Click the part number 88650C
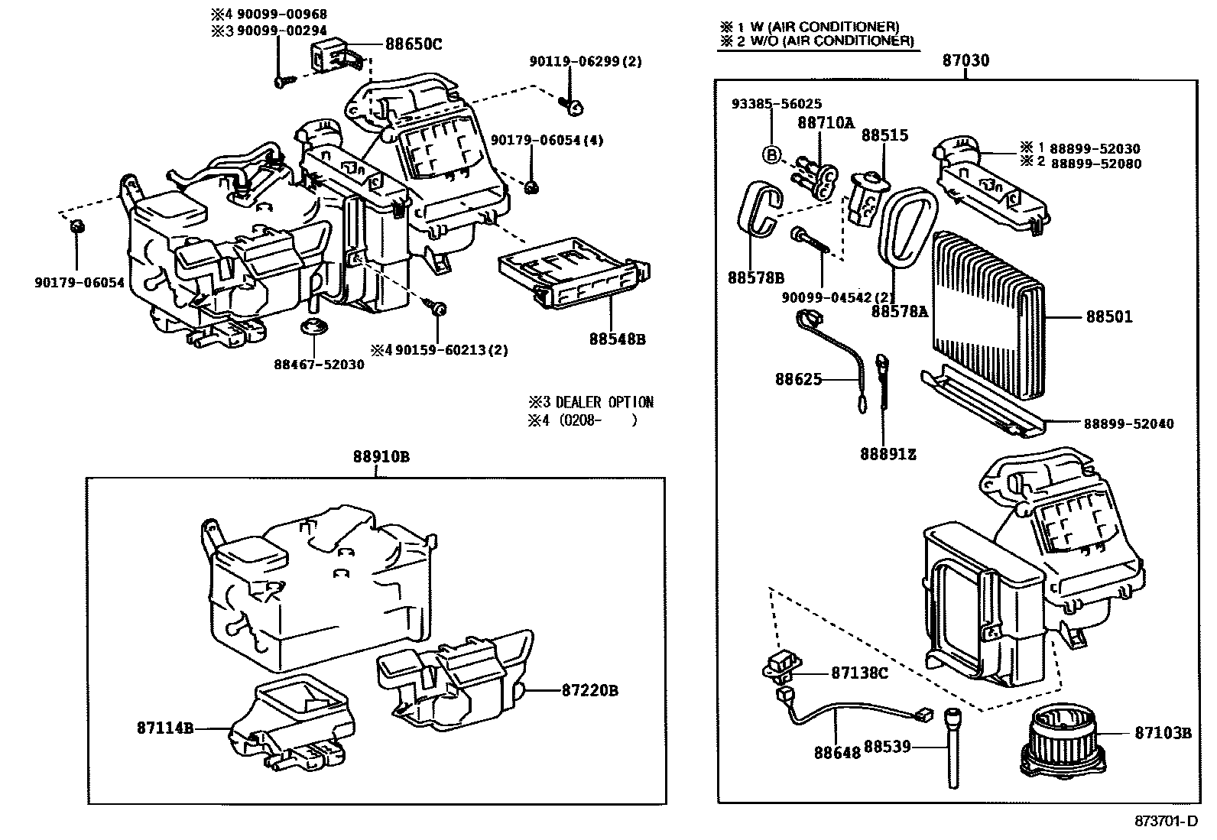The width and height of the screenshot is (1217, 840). click(413, 44)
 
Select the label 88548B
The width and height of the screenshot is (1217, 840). click(617, 339)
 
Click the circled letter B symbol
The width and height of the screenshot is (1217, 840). click(772, 155)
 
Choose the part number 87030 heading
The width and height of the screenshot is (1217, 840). click(966, 60)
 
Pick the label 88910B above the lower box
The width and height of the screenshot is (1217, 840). click(381, 457)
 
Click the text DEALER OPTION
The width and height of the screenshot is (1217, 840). click(604, 402)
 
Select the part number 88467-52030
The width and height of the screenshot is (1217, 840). click(319, 365)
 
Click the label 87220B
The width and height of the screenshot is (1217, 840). click(589, 690)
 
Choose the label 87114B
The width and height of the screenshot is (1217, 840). click(165, 728)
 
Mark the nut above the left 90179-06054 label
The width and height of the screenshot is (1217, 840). click(76, 226)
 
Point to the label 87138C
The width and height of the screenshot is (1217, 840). click(859, 673)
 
